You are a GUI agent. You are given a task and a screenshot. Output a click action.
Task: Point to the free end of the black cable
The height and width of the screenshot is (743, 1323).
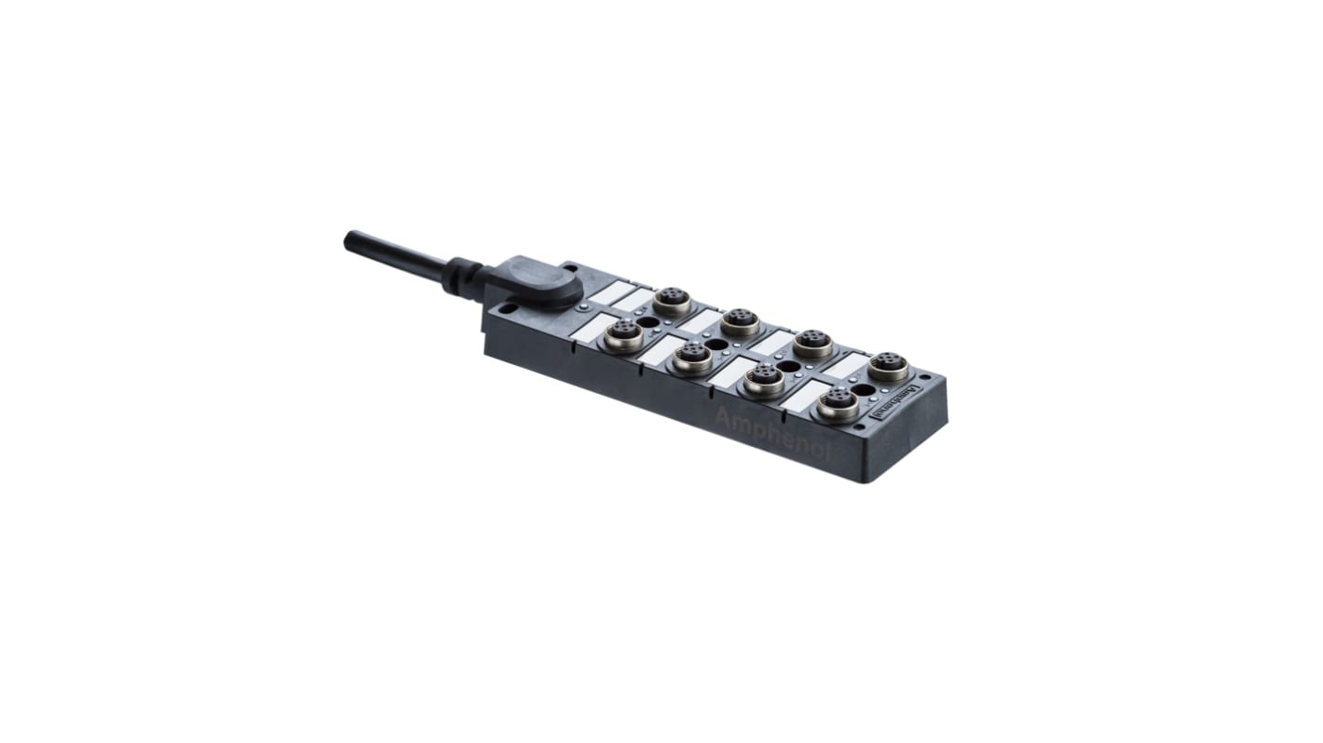tap(351, 239)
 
